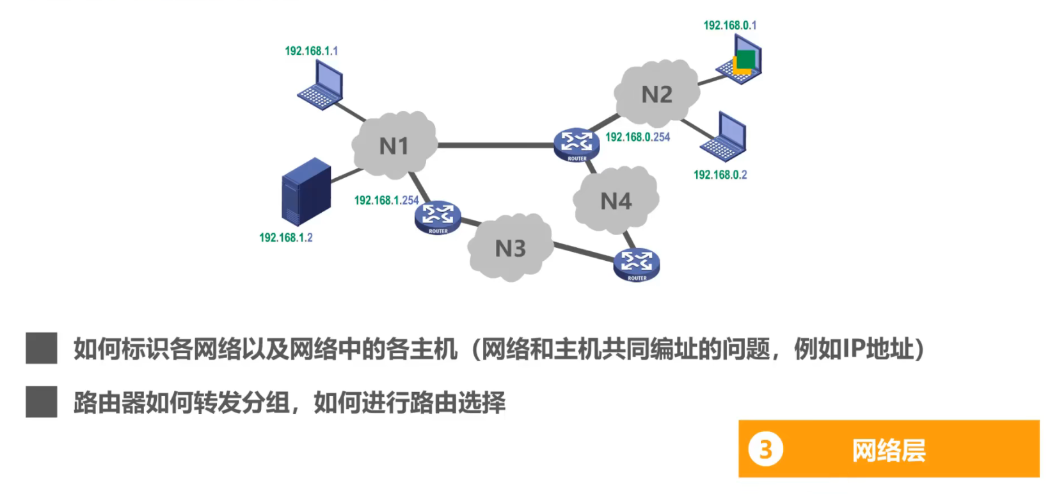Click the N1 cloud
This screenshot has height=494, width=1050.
(394, 145)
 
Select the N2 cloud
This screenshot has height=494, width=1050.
(656, 94)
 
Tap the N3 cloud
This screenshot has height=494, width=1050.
(510, 247)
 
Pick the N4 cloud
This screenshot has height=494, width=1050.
(616, 201)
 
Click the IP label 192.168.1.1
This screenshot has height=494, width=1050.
(312, 51)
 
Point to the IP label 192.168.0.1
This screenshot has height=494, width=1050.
(729, 26)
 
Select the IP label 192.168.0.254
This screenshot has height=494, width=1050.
(637, 137)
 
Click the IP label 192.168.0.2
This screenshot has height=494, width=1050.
(720, 174)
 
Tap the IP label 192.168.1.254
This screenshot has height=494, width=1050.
(386, 201)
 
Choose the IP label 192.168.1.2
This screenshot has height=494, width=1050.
(285, 238)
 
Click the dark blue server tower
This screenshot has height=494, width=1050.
(306, 192)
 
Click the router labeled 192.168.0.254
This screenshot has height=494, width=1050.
(577, 145)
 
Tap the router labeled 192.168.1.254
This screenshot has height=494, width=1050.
(438, 218)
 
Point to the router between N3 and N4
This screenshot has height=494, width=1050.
(637, 264)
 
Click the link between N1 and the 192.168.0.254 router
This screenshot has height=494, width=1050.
(496, 145)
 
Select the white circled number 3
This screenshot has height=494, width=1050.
(765, 449)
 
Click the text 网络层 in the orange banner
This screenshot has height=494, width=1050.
(889, 450)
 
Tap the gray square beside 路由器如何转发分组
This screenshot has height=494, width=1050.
(42, 402)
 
